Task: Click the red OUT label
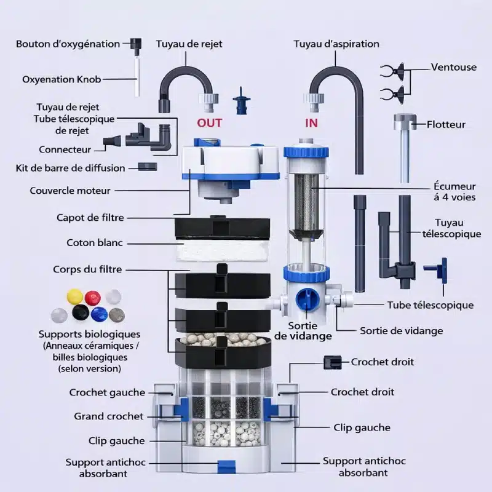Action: [210, 122]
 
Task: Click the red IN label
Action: [312, 122]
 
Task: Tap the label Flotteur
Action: [446, 124]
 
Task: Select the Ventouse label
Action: [454, 67]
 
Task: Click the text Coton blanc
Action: [94, 243]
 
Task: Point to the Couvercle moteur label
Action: [70, 191]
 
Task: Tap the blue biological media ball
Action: [99, 314]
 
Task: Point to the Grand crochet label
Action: [109, 416]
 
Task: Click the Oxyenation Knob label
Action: [61, 79]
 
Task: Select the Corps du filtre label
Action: [87, 269]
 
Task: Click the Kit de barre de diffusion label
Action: [70, 168]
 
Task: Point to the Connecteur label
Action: [65, 149]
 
